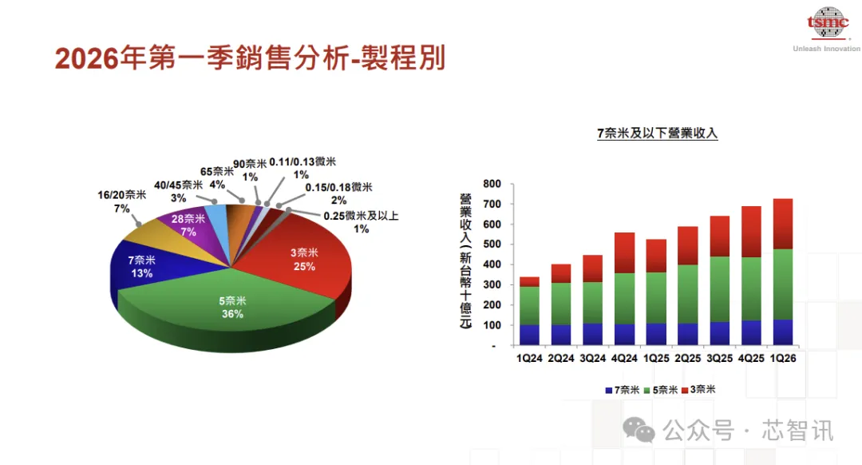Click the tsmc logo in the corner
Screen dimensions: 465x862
click(x=826, y=24)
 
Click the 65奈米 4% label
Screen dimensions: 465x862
click(x=216, y=177)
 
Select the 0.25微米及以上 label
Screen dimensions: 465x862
click(x=360, y=222)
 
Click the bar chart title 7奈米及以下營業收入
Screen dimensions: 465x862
click(x=658, y=133)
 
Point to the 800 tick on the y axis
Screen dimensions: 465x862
click(x=491, y=184)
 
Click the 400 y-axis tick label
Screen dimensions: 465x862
click(x=491, y=264)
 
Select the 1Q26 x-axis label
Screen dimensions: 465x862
click(x=783, y=359)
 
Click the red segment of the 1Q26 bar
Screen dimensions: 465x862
click(x=783, y=224)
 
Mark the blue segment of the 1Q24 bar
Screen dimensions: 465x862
click(x=530, y=335)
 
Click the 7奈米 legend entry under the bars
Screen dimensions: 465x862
click(x=623, y=390)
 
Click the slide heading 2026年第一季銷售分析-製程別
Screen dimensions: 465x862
click(x=250, y=58)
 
